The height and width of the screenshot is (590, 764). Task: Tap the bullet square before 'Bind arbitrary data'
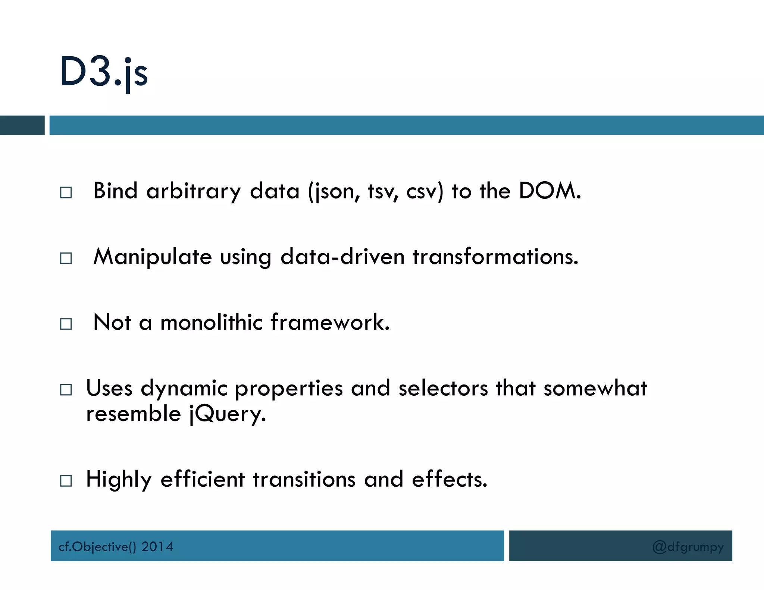pos(66,192)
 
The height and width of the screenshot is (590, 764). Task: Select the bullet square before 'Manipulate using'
pos(66,258)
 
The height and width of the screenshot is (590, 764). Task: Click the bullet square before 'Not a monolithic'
pos(66,324)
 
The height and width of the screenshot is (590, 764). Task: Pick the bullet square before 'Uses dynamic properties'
pos(66,390)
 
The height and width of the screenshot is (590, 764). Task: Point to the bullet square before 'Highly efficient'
pos(66,481)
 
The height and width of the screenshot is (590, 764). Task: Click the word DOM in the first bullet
pos(549,191)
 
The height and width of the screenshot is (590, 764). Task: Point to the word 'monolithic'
pos(212,322)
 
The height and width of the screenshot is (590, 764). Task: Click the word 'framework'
pos(330,322)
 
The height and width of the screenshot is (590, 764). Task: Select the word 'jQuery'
pos(227,414)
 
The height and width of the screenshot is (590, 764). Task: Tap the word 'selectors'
pos(443,388)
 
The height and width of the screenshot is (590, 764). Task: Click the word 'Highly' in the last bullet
pos(119,480)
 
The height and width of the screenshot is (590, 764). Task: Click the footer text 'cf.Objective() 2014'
pos(116,547)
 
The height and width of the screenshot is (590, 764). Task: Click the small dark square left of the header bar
pos(22,125)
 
